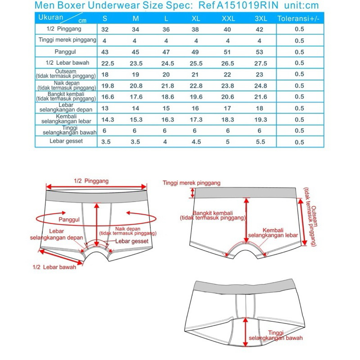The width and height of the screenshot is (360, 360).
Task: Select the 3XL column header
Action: click(x=261, y=18)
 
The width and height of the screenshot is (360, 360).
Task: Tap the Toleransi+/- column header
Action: click(x=299, y=18)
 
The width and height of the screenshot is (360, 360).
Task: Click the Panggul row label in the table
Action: click(x=66, y=51)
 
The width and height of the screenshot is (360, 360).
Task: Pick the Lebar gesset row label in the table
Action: click(x=66, y=141)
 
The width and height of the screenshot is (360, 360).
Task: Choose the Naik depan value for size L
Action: click(x=166, y=85)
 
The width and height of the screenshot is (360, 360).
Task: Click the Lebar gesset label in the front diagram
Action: click(x=132, y=241)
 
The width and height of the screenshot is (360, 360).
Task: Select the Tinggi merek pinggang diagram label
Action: click(x=191, y=183)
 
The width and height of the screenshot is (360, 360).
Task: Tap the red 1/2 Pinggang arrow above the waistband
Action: click(x=97, y=187)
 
